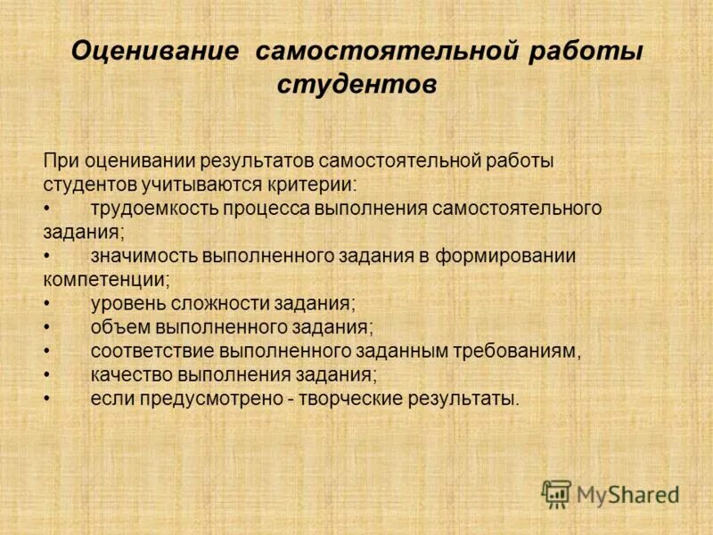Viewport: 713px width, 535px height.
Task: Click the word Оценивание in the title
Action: pyautogui.click(x=155, y=51)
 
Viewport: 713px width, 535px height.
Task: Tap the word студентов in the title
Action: pyautogui.click(x=356, y=86)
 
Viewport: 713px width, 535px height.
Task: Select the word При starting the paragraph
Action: pyautogui.click(x=61, y=161)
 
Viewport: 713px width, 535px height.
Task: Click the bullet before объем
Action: pyautogui.click(x=46, y=327)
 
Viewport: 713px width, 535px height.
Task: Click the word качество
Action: pyautogui.click(x=128, y=374)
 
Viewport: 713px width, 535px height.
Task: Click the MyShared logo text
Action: pyautogui.click(x=627, y=494)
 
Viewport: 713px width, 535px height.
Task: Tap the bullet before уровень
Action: pyautogui.click(x=46, y=303)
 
